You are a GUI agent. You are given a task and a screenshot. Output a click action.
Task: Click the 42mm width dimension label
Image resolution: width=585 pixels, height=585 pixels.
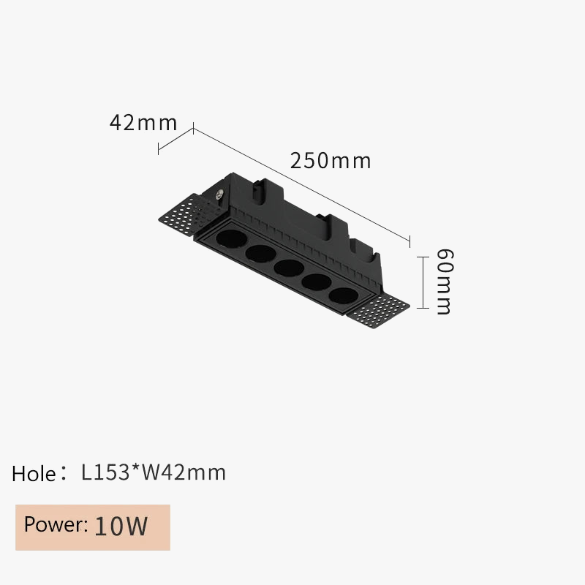pos(143,122)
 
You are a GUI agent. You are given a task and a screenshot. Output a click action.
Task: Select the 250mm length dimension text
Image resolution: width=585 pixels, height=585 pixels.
pos(331,160)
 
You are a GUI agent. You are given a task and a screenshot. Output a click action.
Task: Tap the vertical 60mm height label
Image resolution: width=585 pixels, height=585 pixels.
pos(444,282)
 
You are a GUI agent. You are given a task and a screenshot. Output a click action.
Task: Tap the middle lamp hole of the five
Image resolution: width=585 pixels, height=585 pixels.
pos(287,267)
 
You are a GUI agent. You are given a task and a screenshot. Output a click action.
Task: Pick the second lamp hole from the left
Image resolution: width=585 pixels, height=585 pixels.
pos(259,253)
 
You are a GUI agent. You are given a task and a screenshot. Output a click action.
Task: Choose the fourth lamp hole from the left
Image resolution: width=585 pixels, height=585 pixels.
pos(314,282)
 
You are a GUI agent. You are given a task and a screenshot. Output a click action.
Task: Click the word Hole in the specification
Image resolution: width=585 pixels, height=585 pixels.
pos(34,474)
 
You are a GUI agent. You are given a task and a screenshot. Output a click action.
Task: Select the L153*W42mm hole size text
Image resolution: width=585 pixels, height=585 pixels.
pos(154,472)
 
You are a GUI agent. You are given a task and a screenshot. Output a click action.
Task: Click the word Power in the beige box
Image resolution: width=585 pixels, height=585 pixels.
pos(56,525)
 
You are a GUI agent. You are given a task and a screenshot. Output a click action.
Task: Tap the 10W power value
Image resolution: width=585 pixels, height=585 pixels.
pos(121,526)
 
